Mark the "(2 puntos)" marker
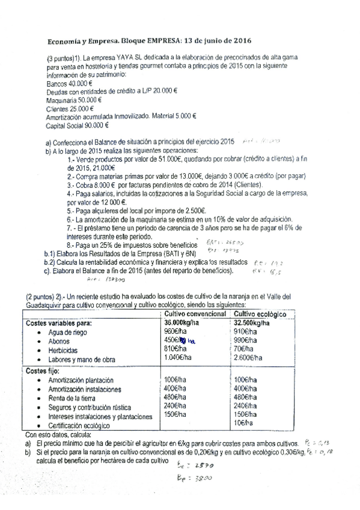coord(43,296)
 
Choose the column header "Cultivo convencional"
coord(194,314)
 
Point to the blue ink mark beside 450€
coord(189,340)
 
